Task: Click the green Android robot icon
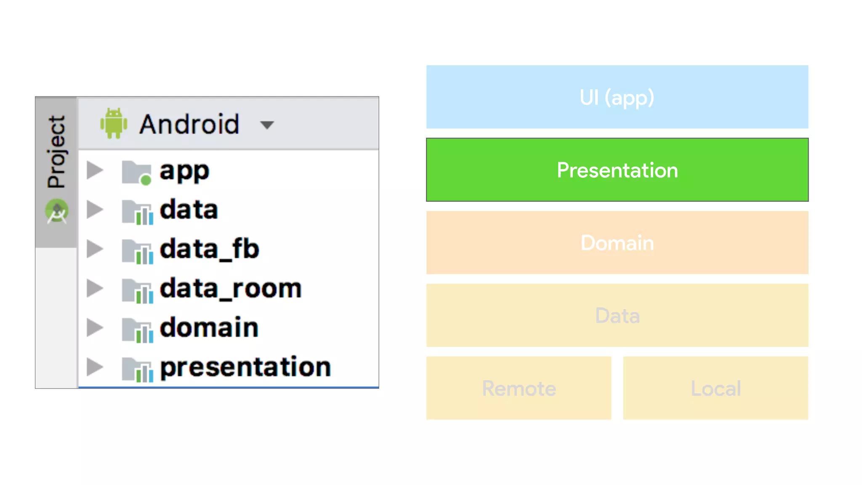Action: pos(114,123)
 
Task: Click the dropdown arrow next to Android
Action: pos(267,125)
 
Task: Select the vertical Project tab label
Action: pos(56,152)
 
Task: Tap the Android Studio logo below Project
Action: pos(57,211)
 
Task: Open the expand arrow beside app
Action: pos(95,170)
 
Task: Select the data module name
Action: pos(189,210)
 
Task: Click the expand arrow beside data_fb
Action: pos(95,249)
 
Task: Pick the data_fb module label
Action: pos(209,249)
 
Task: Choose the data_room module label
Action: pos(231,288)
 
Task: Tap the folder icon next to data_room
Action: pos(137,290)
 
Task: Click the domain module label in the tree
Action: pos(209,328)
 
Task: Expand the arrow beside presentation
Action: pos(95,367)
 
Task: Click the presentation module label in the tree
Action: pos(245,367)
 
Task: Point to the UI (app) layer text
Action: pos(617,98)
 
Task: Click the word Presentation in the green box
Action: pos(617,170)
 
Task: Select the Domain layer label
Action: pos(617,243)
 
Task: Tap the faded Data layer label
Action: pos(617,316)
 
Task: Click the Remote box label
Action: pos(519,388)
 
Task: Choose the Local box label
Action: pos(716,388)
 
